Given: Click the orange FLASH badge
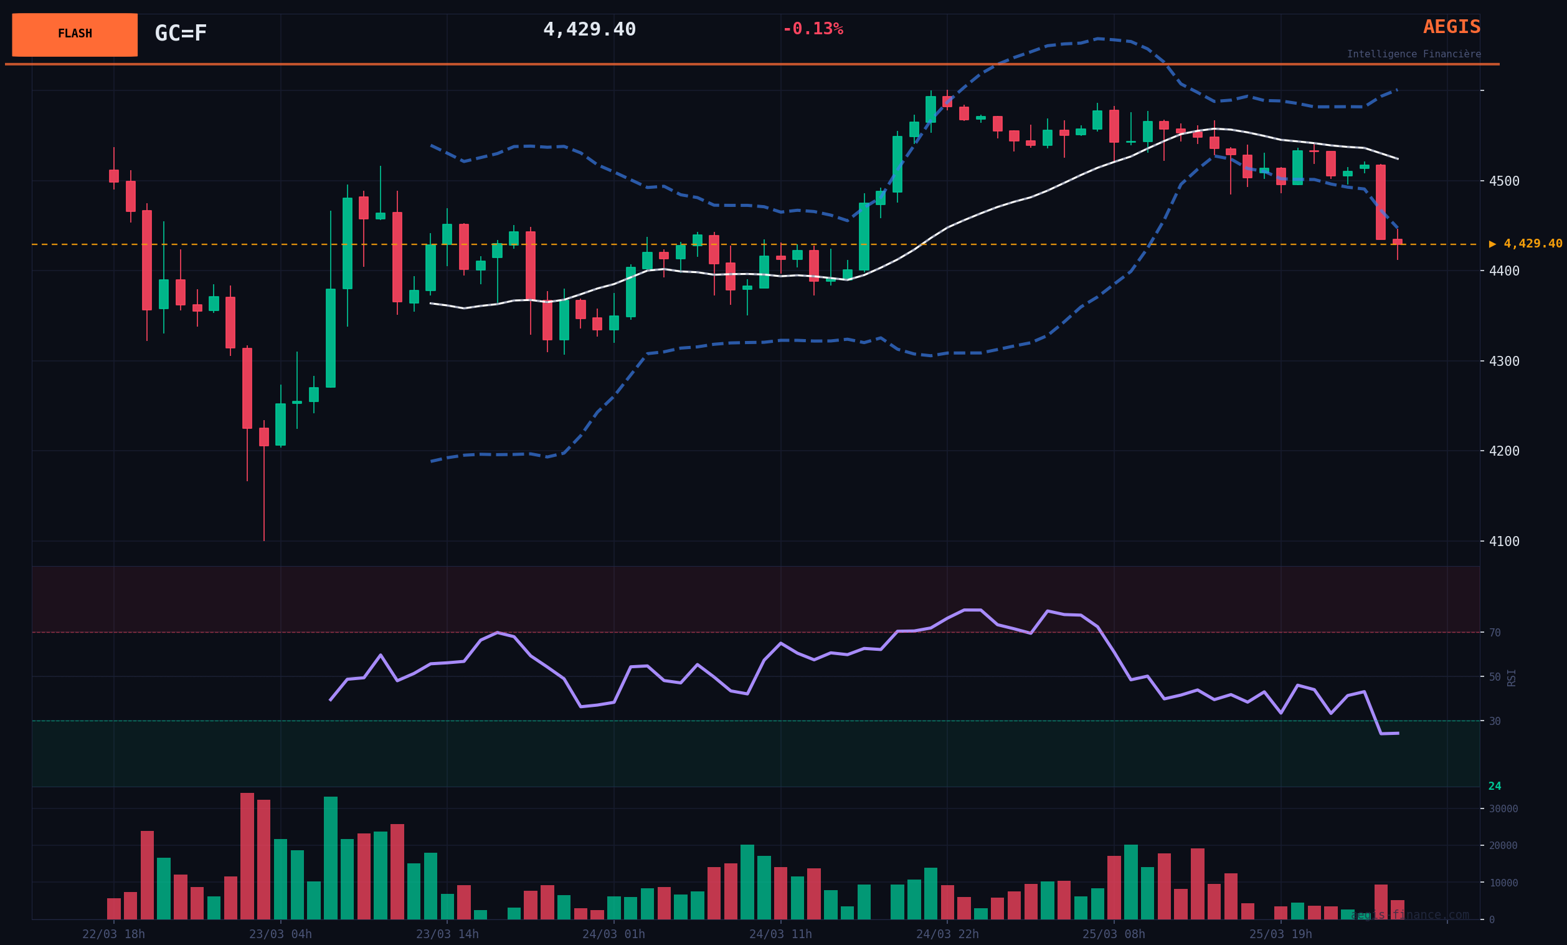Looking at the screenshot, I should pos(74,34).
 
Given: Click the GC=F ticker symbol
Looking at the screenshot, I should pos(181,34).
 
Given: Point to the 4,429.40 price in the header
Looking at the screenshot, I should pos(589,30).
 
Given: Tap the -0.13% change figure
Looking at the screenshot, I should pos(812,29).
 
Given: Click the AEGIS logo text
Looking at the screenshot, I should pos(1451,27).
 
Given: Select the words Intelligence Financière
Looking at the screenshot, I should pos(1413,55).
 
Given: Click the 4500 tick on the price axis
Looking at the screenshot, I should pos(1504,181).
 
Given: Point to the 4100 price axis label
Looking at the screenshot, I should pos(1504,542).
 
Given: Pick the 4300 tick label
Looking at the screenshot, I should pos(1504,362).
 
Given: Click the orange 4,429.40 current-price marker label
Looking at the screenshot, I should pos(1532,244).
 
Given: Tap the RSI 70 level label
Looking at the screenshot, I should pos(1495,633).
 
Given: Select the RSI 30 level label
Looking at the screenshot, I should pos(1495,721).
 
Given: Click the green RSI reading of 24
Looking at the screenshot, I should pos(1495,787).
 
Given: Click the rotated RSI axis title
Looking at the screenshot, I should pos(1512,677).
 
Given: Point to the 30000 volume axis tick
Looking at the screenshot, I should pos(1503,809).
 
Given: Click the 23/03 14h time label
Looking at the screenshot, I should pos(447,934).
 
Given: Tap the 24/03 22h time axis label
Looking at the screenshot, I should pos(947,934).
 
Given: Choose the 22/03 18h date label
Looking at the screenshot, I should pos(114,934).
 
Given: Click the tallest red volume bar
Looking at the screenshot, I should pos(247,856).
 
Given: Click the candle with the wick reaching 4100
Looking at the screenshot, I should pos(264,437).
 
